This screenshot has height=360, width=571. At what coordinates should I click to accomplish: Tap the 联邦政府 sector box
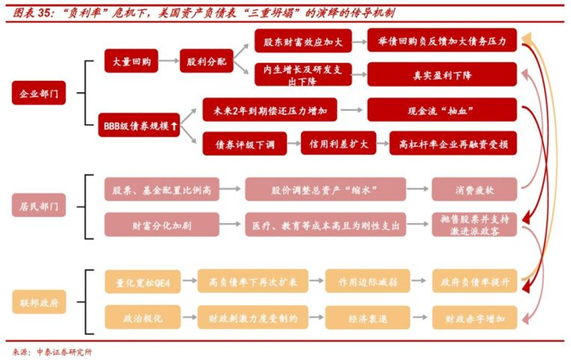[x=38, y=301]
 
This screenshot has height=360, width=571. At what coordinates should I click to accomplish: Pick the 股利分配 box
[x=205, y=61]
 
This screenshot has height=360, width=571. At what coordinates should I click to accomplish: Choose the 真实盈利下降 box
[x=441, y=74]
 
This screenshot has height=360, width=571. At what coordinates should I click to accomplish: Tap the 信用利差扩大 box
[x=332, y=143]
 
